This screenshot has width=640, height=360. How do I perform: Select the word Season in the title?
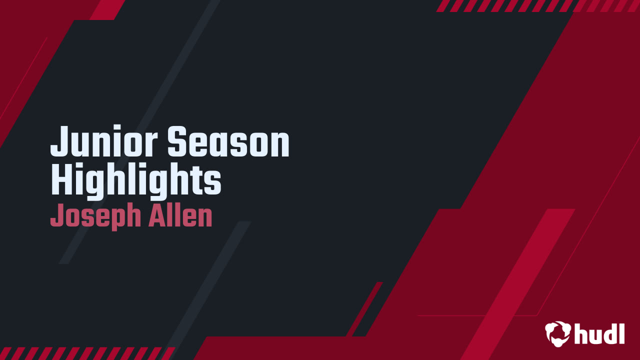tap(228, 142)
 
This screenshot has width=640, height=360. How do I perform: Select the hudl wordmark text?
tap(600, 333)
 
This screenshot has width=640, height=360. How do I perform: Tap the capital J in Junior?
tap(59, 142)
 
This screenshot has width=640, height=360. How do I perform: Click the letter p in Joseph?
tap(118, 218)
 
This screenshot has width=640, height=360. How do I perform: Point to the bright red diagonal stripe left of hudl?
tap(520, 280)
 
